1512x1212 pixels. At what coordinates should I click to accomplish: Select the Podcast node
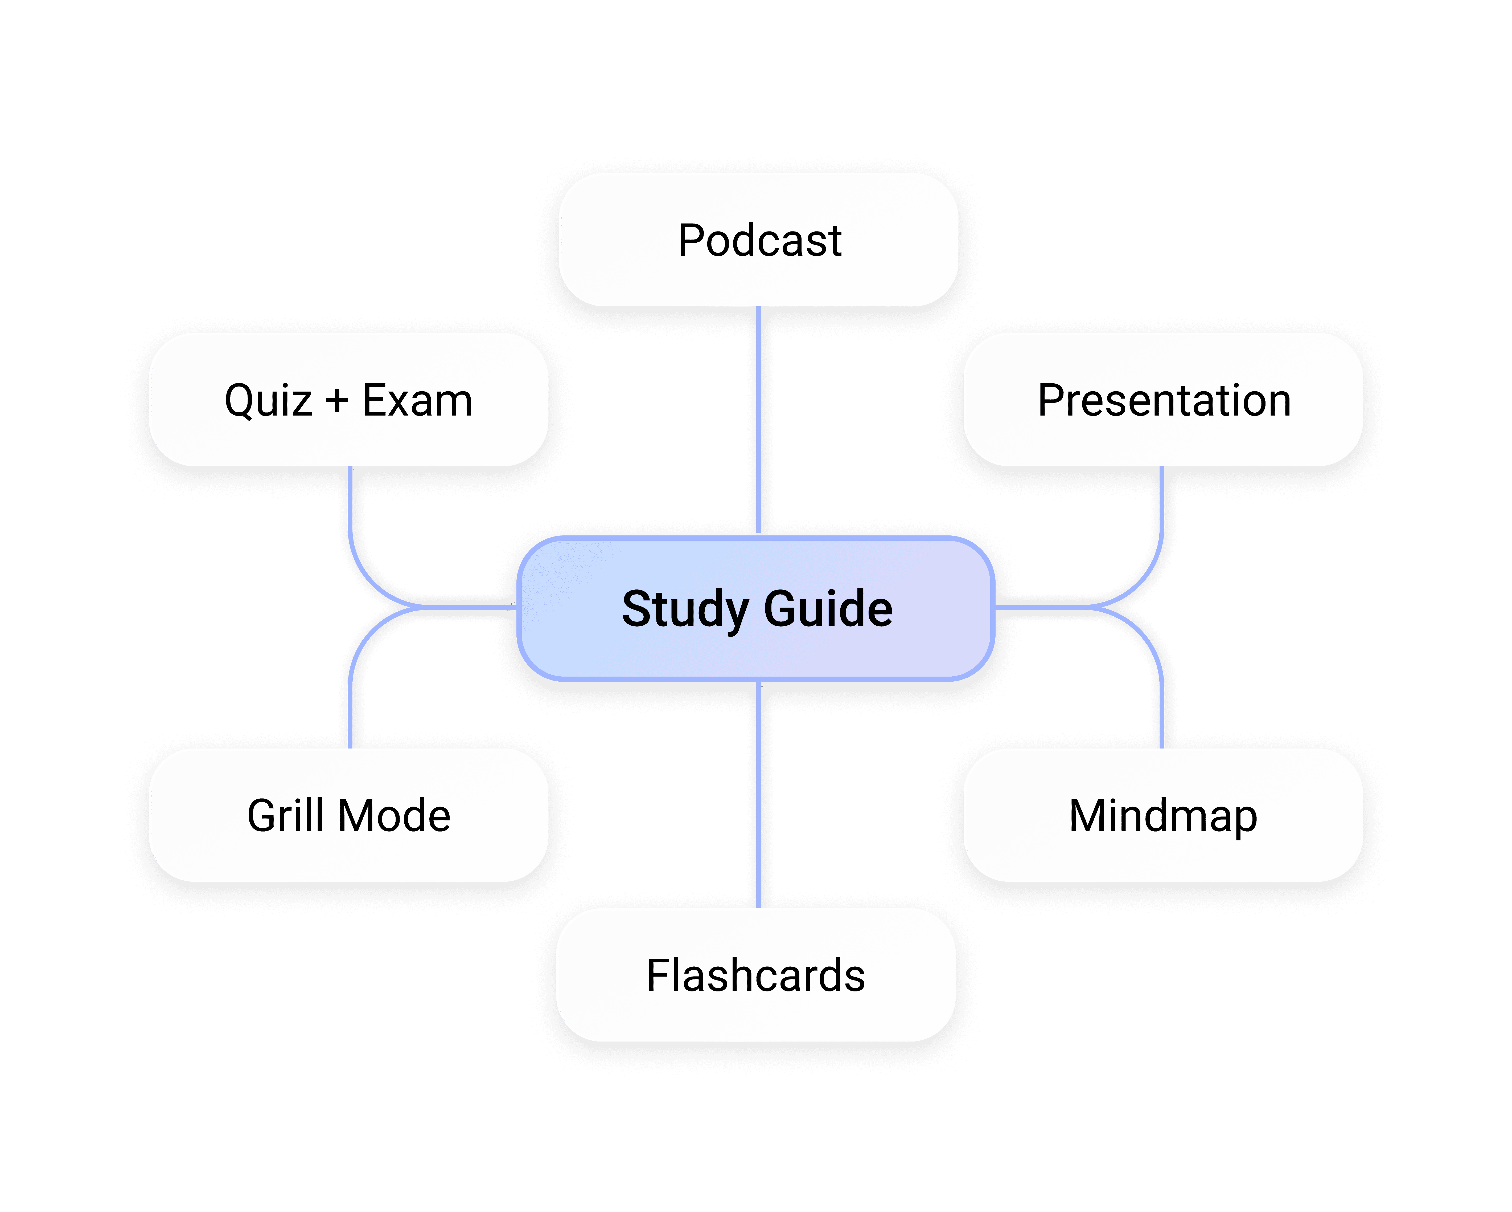(x=759, y=240)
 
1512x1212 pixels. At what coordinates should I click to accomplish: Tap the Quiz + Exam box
(x=348, y=400)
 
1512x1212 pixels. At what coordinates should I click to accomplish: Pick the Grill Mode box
(x=348, y=815)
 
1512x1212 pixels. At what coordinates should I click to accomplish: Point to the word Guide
(x=828, y=608)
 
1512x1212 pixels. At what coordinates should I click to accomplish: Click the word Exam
(x=417, y=400)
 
